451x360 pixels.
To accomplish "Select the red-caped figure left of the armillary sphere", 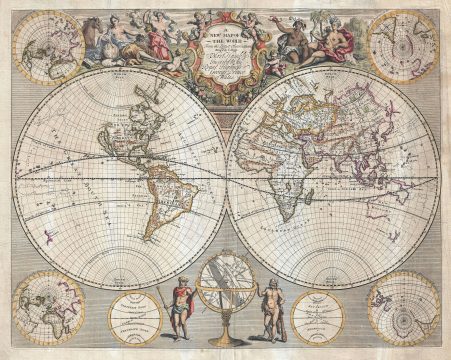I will coord(180,311).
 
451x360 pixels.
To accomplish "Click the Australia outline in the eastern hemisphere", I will coord(404,215).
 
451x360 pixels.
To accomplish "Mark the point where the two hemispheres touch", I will coord(226,180).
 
